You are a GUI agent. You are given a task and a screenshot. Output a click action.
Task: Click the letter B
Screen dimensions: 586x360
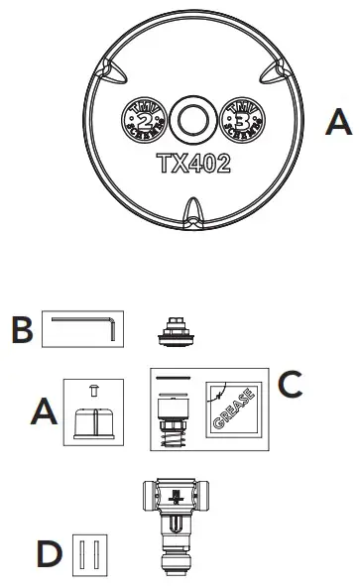(21, 331)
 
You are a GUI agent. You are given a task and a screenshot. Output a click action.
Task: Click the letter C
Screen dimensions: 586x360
(290, 385)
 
